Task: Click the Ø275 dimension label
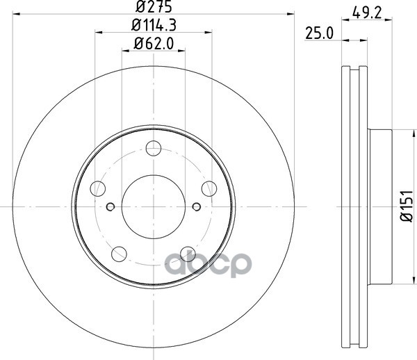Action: (154, 7)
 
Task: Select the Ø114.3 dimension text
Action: (154, 25)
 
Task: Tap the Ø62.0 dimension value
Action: (154, 43)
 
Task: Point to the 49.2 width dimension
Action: (367, 13)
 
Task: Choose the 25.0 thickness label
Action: (319, 33)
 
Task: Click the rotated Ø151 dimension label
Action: (407, 206)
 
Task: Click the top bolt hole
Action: (154, 148)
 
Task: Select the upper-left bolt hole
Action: (98, 189)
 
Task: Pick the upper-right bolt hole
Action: (209, 189)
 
